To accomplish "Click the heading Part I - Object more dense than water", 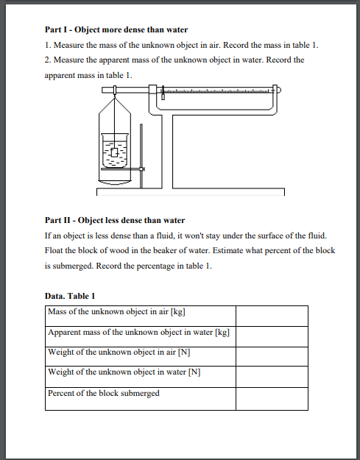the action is [x=116, y=30].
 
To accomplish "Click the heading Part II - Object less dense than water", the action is [x=115, y=220].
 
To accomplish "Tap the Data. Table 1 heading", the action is [x=70, y=296].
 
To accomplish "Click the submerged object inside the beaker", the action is [x=115, y=152].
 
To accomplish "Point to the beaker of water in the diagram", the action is [x=115, y=150].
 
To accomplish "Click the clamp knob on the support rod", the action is [x=141, y=169].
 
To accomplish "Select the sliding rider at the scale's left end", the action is [x=163, y=93].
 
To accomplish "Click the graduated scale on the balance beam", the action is [x=216, y=91].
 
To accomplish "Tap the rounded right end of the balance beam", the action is [x=279, y=90].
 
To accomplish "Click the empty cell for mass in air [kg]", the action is [x=272, y=316].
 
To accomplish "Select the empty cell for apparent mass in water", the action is [x=272, y=337].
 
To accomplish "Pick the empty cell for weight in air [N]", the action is [x=272, y=356].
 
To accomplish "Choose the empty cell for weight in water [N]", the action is [x=272, y=377].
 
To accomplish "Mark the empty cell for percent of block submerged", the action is [x=272, y=399].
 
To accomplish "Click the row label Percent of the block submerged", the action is [x=104, y=393].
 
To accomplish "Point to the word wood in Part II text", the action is [x=119, y=250].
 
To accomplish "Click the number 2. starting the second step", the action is [x=48, y=60].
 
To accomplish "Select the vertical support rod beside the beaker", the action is [x=141, y=156].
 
